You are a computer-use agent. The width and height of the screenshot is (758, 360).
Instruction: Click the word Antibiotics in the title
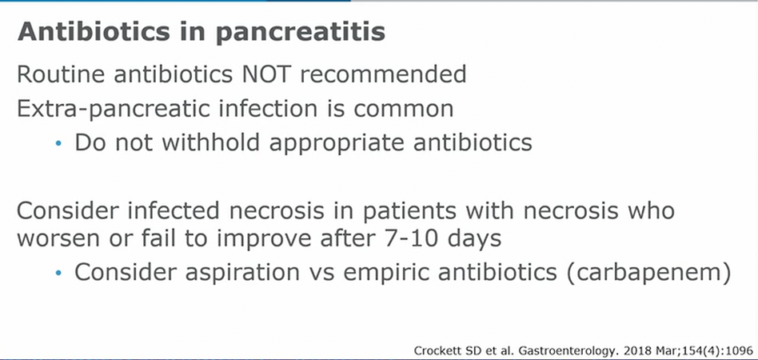pos(94,31)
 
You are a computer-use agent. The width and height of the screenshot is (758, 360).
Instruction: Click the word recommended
pos(383,74)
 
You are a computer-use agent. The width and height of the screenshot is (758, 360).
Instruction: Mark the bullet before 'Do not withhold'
pos(58,143)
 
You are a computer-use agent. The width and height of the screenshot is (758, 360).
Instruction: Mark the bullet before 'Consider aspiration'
pos(58,274)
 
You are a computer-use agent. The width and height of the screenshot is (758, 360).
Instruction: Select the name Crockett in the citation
pos(432,351)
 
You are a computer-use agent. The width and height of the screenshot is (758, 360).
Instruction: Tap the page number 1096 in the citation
pos(743,351)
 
